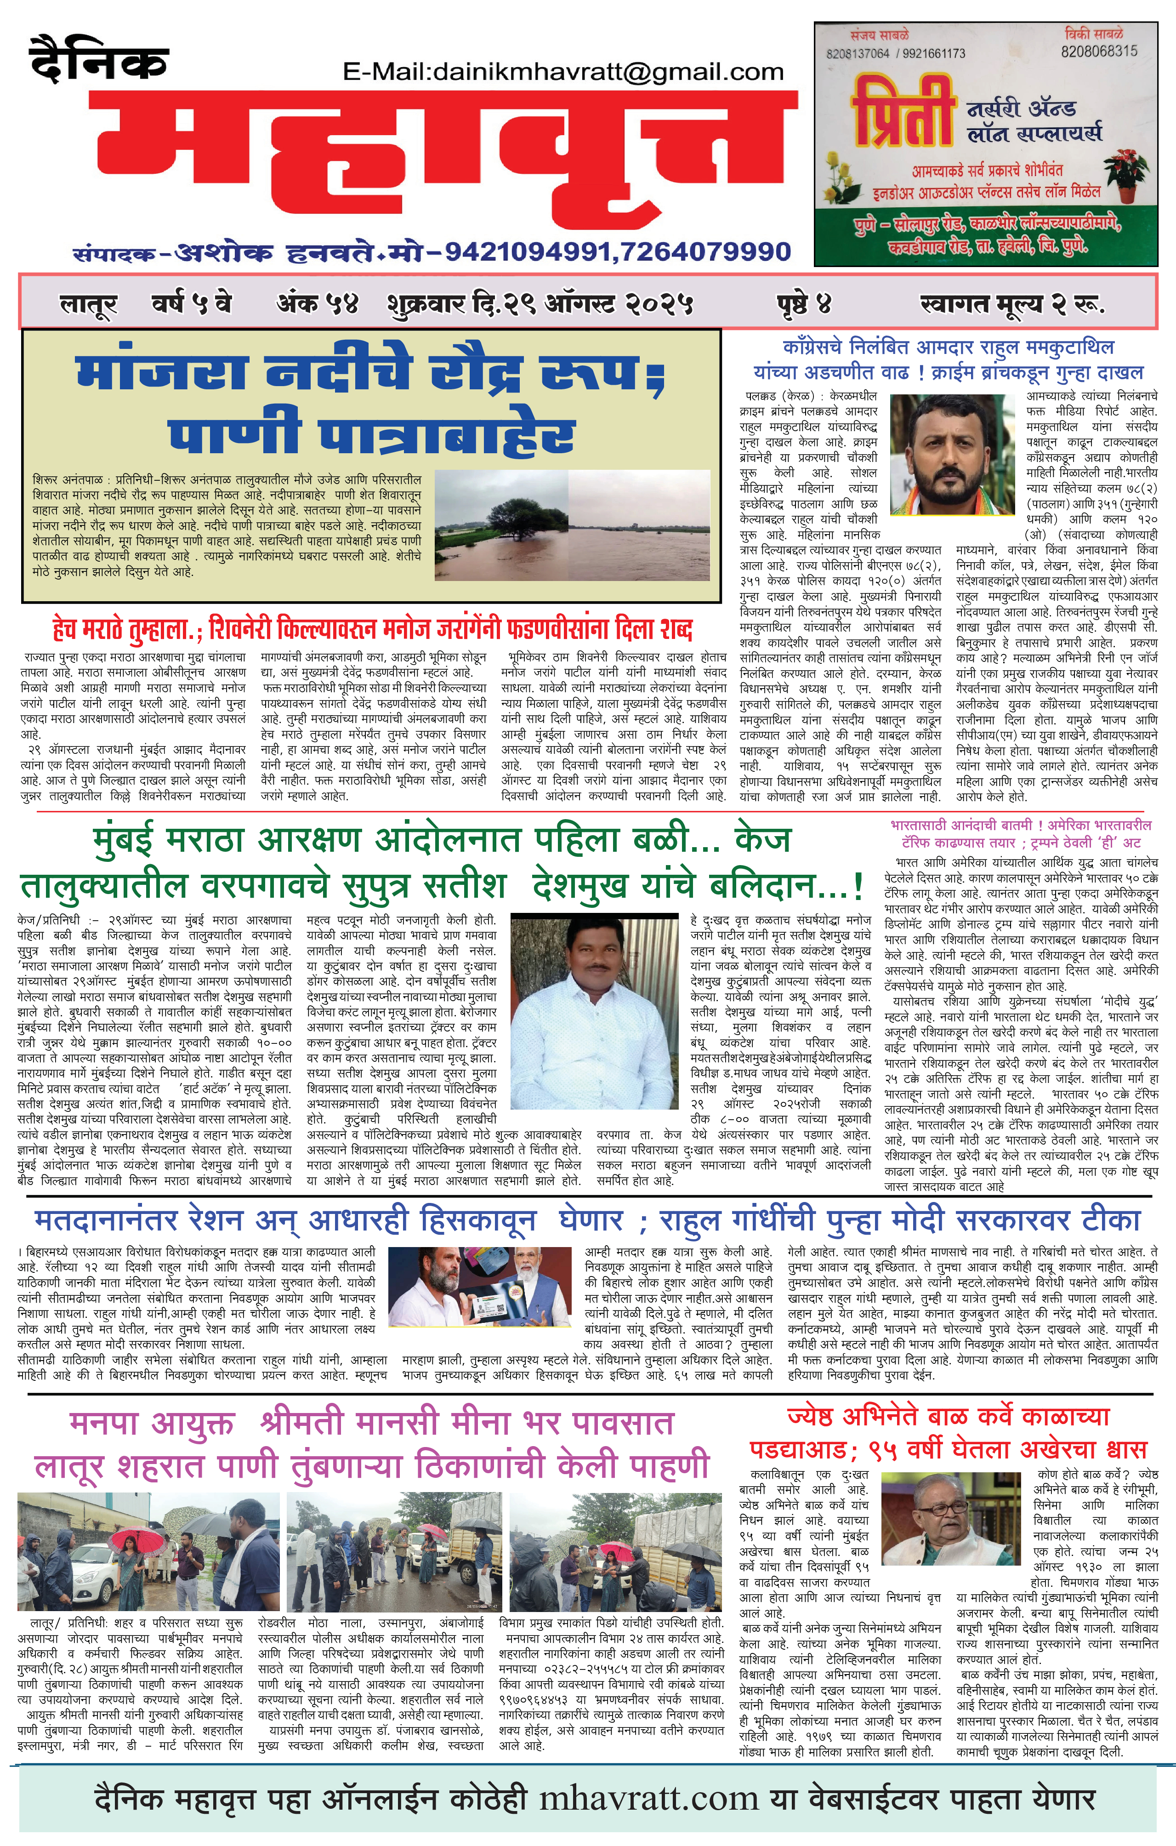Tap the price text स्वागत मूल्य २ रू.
[1012, 304]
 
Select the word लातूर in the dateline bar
[88, 304]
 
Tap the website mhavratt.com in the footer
[648, 1798]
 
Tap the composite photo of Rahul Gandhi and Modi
[480, 1289]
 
